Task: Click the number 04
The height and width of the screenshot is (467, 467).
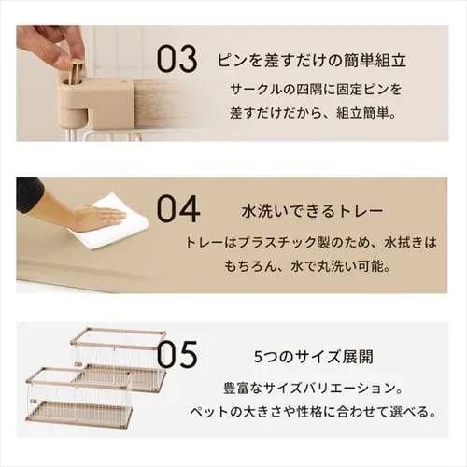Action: tap(177, 207)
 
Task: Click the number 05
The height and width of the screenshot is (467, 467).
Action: tap(177, 356)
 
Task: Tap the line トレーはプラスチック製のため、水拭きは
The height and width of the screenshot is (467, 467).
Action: tap(312, 240)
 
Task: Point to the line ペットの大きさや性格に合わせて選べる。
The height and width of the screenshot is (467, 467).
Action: tap(312, 412)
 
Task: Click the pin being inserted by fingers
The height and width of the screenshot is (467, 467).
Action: tap(76, 68)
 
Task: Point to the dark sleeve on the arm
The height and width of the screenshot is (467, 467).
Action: tap(29, 193)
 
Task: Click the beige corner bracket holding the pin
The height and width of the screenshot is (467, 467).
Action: tap(93, 98)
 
